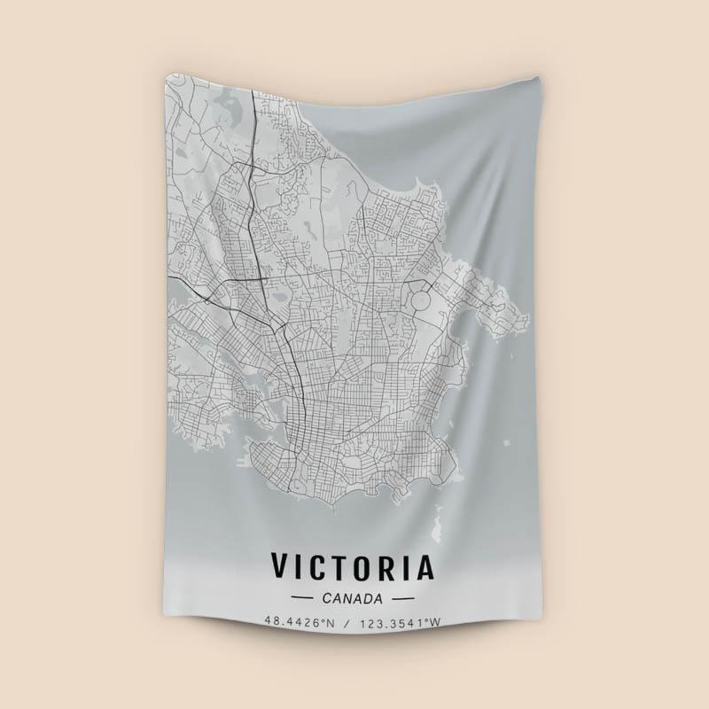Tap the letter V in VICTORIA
pos(281,566)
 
